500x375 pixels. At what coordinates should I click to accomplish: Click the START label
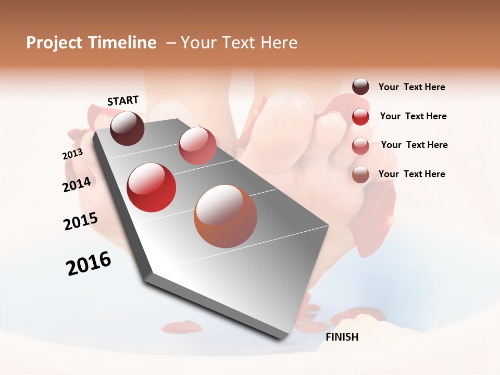(x=123, y=101)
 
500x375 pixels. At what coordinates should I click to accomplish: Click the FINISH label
(x=342, y=337)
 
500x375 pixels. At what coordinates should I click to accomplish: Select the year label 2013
(x=72, y=154)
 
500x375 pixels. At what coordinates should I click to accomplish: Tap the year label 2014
(x=77, y=184)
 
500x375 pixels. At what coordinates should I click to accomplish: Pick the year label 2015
(x=81, y=221)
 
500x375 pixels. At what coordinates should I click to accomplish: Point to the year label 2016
(x=89, y=264)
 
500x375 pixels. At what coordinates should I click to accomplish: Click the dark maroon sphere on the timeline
(x=127, y=128)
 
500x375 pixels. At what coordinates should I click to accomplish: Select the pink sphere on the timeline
(x=197, y=146)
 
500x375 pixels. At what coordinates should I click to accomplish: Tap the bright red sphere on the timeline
(x=152, y=187)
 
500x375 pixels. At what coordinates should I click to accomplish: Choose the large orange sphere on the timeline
(x=226, y=216)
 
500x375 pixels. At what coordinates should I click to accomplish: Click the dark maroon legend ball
(x=360, y=87)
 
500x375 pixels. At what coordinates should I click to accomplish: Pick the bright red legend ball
(x=360, y=117)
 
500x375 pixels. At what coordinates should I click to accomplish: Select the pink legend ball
(x=360, y=146)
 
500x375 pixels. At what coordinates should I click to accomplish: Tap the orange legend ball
(x=360, y=174)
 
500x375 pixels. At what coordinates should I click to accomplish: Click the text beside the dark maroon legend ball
(x=411, y=87)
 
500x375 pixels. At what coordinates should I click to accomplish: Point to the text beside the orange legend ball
(x=411, y=174)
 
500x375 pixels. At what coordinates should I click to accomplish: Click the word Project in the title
(x=54, y=43)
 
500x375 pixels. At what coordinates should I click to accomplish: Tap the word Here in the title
(x=279, y=43)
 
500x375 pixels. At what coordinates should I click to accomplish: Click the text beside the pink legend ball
(x=414, y=145)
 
